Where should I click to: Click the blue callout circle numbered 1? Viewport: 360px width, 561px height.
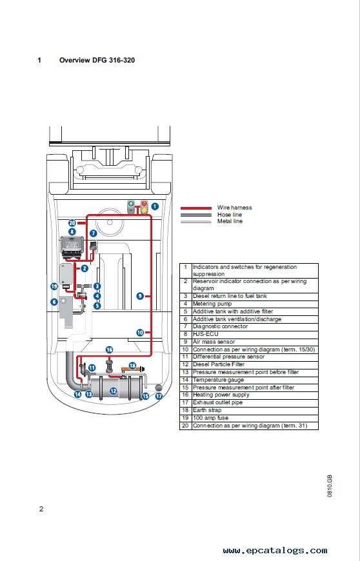click(155, 206)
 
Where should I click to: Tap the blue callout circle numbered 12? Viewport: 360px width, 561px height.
click(113, 391)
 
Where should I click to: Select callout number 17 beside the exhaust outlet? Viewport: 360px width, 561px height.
click(159, 396)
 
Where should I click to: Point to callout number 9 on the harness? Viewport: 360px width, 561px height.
click(140, 296)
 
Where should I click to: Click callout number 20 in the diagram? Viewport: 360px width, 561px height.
click(72, 223)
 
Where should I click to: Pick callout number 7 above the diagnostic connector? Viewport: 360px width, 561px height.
click(94, 233)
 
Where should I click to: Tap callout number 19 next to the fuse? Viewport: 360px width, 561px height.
click(54, 286)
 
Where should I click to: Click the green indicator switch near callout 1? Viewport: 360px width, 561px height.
click(132, 207)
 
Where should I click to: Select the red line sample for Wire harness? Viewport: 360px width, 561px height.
click(196, 208)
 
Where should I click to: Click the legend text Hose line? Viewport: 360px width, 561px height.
click(230, 215)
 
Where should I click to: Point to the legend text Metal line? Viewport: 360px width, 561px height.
click(230, 221)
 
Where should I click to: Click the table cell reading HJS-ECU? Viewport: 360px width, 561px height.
click(205, 334)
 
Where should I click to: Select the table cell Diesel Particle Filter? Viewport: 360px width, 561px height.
click(219, 364)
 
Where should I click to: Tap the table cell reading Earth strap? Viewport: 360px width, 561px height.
click(207, 410)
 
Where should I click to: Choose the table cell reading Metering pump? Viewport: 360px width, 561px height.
click(212, 304)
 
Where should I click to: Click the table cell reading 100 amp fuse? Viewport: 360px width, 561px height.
click(210, 418)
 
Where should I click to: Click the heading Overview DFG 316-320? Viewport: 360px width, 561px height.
click(97, 60)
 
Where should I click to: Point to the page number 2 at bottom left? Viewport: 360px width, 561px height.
click(41, 509)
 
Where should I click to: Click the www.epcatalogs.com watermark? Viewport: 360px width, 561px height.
click(275, 550)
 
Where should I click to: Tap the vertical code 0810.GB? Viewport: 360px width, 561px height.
click(330, 486)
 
